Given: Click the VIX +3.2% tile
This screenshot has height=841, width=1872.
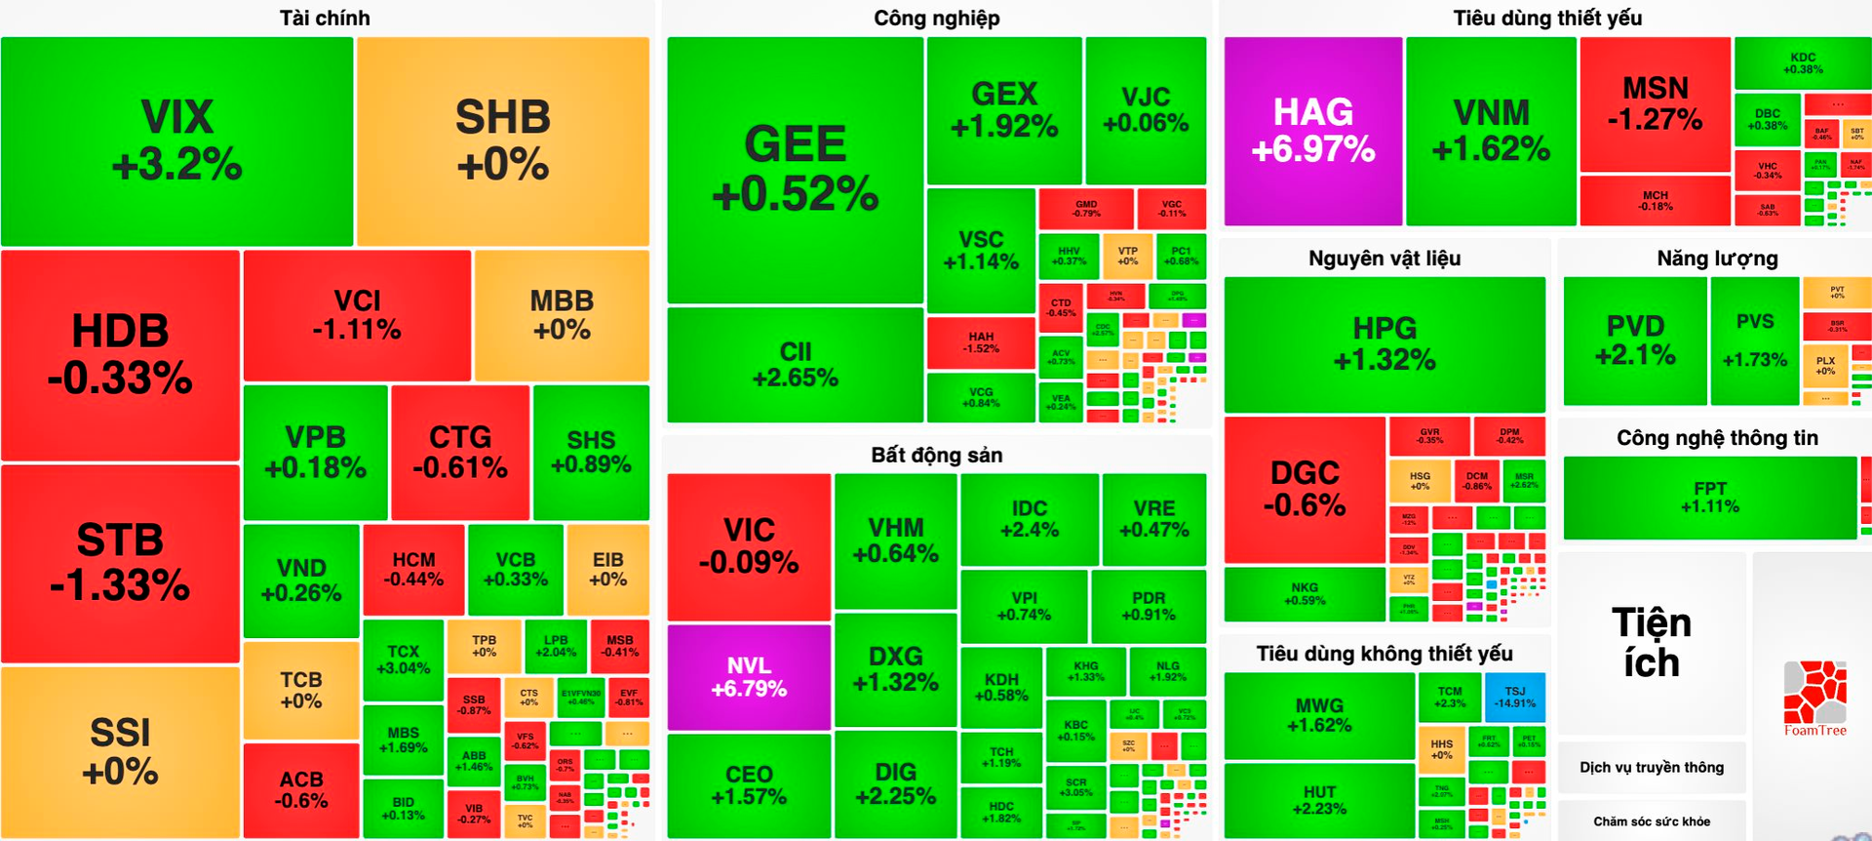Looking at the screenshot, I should tap(176, 141).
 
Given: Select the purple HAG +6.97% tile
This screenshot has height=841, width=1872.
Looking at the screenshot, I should tap(1312, 131).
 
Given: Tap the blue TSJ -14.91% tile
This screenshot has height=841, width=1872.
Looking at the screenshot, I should tap(1514, 697).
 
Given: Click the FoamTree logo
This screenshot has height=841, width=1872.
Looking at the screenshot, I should tap(1814, 698).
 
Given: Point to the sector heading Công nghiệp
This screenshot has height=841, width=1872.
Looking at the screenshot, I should tap(936, 18).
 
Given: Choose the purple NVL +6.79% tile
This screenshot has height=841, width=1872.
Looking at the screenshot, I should tap(748, 677).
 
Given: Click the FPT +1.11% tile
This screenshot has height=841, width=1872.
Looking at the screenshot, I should tap(1709, 497).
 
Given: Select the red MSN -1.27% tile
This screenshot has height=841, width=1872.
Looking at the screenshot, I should tap(1655, 104).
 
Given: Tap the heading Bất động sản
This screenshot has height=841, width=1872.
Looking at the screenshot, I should tap(936, 455).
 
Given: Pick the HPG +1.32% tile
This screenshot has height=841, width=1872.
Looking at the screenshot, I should tap(1384, 343).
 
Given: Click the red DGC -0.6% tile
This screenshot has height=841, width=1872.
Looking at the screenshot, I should tap(1304, 489).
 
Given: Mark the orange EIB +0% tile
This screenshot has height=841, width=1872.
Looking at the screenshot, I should tap(607, 569).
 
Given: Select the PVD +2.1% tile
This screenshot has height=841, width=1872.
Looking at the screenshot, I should tap(1634, 340).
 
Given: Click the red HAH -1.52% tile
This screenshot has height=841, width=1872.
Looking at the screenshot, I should tap(980, 342).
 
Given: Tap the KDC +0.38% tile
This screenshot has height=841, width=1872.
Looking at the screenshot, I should tap(1802, 63).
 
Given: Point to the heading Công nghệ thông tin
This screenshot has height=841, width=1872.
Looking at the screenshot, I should tap(1716, 438).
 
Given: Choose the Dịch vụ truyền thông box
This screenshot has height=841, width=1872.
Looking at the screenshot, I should tap(1651, 767).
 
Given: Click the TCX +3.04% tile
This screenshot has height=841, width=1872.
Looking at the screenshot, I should tap(403, 660).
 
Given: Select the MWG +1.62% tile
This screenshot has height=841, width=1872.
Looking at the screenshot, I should tap(1318, 715).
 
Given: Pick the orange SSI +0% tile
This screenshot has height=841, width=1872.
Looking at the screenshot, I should tap(120, 751).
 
